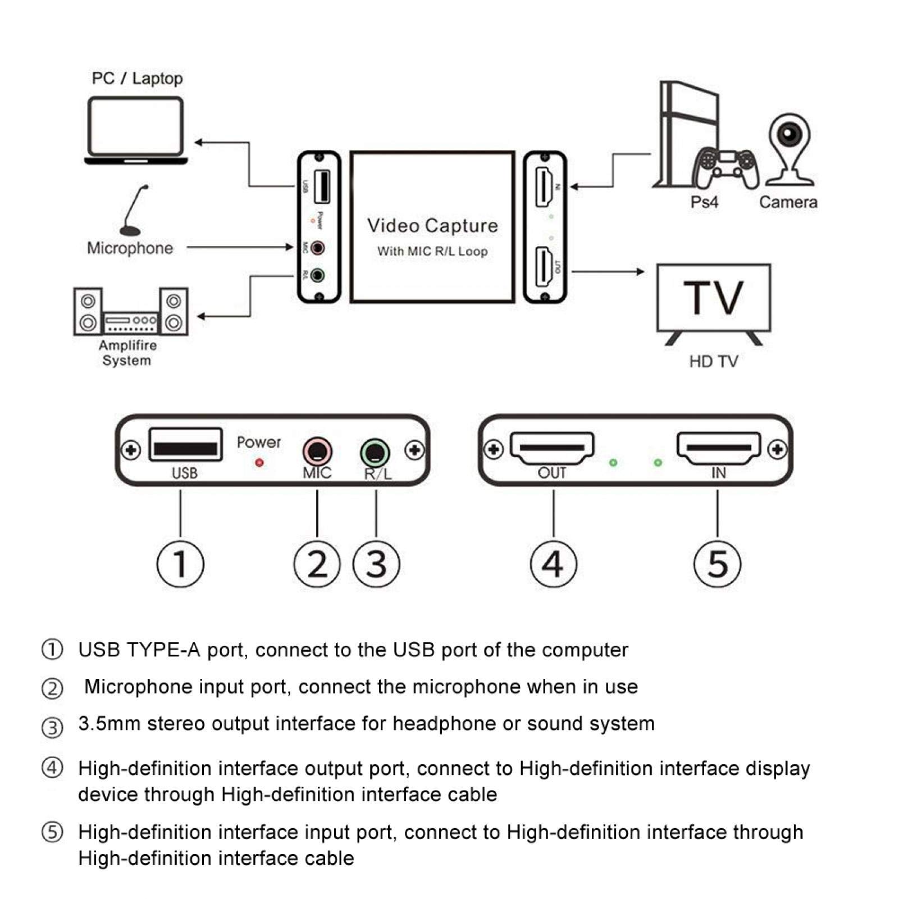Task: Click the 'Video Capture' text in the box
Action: pyautogui.click(x=432, y=226)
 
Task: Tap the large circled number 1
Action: pyautogui.click(x=180, y=564)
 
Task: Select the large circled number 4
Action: pyautogui.click(x=553, y=564)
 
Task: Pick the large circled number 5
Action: pyautogui.click(x=717, y=564)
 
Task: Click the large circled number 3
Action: pyautogui.click(x=376, y=564)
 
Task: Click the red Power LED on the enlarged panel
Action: pyautogui.click(x=259, y=463)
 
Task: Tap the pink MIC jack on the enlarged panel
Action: pyautogui.click(x=317, y=451)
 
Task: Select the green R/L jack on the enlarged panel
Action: pyautogui.click(x=375, y=452)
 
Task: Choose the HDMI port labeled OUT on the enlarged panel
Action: pyautogui.click(x=552, y=448)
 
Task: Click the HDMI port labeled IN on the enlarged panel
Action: pyautogui.click(x=719, y=448)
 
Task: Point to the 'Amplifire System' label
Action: pyautogui.click(x=127, y=353)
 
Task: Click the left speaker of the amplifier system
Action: pyautogui.click(x=88, y=312)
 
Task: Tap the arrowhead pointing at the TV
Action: pyautogui.click(x=640, y=272)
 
